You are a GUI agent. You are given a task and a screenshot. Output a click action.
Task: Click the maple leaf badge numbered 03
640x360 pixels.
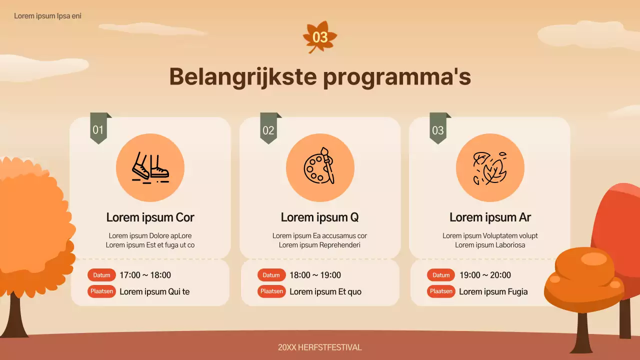(x=320, y=37)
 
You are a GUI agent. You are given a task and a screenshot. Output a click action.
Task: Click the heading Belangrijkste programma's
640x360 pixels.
(x=320, y=77)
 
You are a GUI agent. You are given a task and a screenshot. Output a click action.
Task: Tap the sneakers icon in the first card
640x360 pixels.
(x=150, y=167)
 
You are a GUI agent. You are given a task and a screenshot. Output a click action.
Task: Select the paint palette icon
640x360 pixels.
(x=320, y=167)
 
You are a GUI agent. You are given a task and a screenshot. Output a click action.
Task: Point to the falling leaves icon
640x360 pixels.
(x=490, y=167)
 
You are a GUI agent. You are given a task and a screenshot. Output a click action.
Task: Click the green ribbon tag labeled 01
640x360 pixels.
(x=98, y=129)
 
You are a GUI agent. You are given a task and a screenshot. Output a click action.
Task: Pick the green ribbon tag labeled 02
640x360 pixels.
(x=268, y=129)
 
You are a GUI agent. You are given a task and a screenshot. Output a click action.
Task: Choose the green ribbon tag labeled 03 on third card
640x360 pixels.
(x=438, y=129)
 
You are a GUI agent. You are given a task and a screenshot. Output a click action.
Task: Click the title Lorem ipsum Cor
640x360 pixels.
(x=150, y=217)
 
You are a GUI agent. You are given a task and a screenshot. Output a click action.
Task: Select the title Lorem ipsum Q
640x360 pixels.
(x=320, y=217)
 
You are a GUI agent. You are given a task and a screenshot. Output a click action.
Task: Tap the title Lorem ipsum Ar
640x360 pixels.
(x=490, y=217)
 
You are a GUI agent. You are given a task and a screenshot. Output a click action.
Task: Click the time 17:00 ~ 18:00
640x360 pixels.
(x=145, y=275)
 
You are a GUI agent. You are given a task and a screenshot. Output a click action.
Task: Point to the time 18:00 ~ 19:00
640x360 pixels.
(x=315, y=275)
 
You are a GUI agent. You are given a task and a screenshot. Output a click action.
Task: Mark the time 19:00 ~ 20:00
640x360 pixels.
(x=485, y=275)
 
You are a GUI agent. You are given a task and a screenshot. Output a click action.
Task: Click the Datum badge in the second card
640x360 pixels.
(x=271, y=275)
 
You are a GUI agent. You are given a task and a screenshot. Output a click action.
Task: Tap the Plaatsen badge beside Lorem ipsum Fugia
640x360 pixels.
(x=441, y=291)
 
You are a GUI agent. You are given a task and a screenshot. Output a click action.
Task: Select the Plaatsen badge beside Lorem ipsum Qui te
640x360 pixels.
(x=102, y=291)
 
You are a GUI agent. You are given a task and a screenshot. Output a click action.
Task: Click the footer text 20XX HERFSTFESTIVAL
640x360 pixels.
(x=320, y=347)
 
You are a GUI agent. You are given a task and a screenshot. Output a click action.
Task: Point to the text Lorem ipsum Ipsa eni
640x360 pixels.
(x=47, y=16)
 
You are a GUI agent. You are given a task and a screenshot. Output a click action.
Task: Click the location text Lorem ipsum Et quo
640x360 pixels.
(x=325, y=292)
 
